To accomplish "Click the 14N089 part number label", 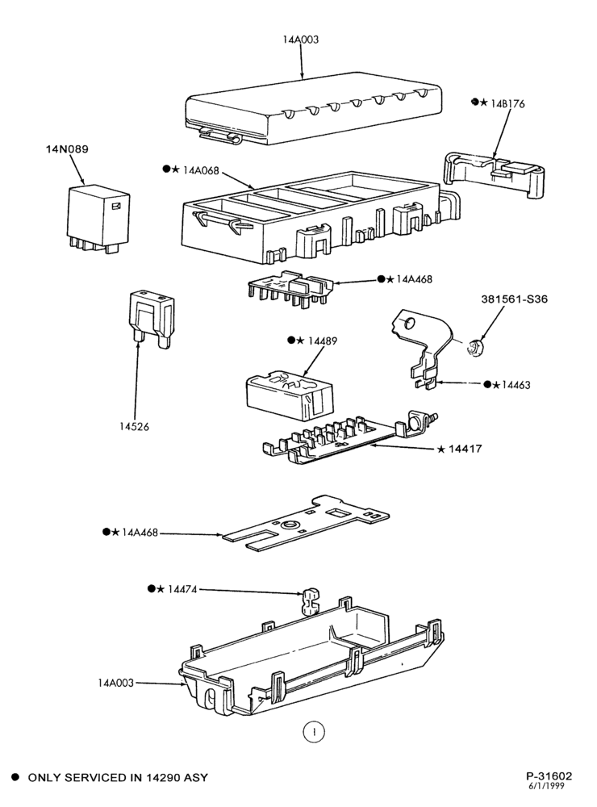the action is coord(67,149).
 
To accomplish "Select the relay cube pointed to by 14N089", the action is coord(98,219).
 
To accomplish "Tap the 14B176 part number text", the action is coord(507,104).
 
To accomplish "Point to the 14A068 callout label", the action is coord(201,169).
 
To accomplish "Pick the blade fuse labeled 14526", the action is coord(152,320).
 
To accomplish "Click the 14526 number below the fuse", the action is coord(134,427).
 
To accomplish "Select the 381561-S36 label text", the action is coord(514,299).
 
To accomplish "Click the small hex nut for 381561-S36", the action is coord(474,348).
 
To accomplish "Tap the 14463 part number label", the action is coord(516,385).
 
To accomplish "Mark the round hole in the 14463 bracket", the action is coord(408,324).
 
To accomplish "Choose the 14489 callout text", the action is coord(322,341).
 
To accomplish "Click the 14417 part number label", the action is coord(465,449).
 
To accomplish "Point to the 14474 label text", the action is coord(182,589).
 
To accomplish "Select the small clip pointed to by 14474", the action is coord(309,602).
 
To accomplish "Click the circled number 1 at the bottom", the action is coord(314,731).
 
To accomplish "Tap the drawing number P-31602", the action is coord(549,776).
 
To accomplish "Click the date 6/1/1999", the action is coord(546,786).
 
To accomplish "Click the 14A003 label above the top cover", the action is coord(301,40).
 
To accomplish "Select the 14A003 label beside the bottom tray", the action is coord(116,683).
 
